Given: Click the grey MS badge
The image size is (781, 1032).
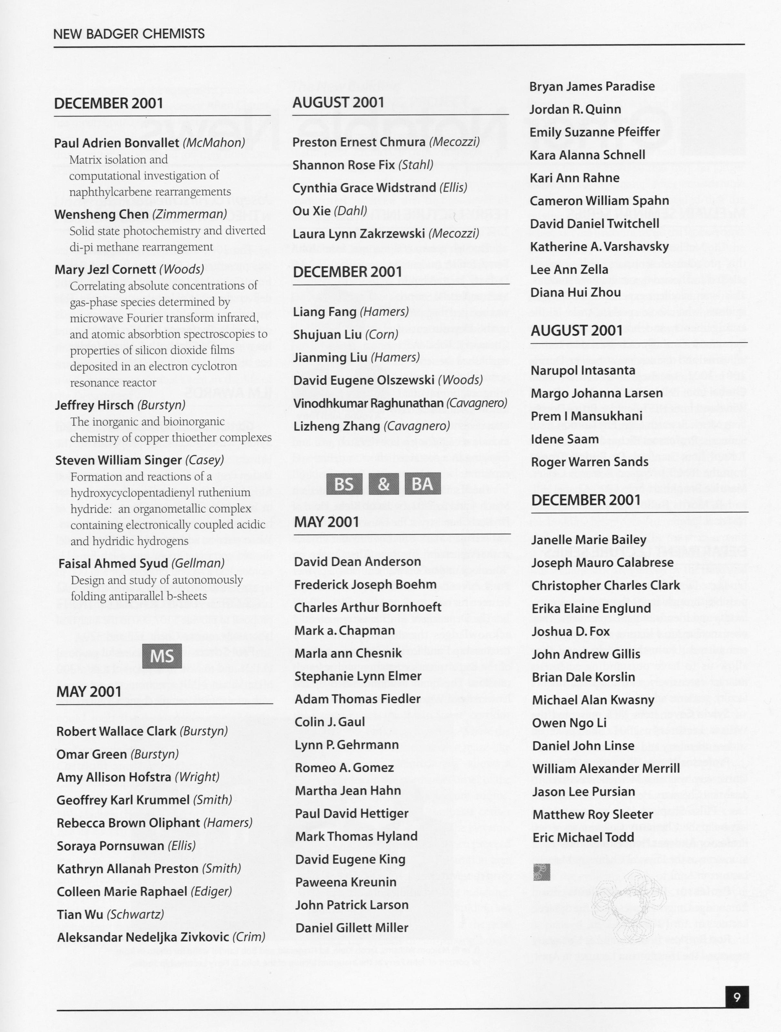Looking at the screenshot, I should [x=162, y=656].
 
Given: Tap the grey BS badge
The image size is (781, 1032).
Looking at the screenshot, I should [x=344, y=484].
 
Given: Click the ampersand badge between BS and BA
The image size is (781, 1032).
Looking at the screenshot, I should [x=383, y=484].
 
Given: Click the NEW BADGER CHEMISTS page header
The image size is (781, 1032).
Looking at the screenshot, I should [x=129, y=34].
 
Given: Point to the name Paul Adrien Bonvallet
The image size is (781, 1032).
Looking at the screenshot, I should [x=116, y=143].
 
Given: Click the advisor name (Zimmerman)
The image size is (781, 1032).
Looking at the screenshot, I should [x=190, y=214].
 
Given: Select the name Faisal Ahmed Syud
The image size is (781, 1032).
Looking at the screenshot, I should [x=113, y=563].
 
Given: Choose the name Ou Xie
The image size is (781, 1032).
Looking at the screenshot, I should [x=312, y=210].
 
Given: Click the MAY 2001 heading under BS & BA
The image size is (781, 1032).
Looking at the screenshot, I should [x=326, y=521].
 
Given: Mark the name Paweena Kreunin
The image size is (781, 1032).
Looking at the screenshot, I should [x=345, y=882].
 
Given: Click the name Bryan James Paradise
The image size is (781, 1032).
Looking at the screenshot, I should [x=592, y=86].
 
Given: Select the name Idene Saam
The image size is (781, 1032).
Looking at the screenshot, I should [x=565, y=439].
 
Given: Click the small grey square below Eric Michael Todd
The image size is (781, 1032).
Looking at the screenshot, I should [x=541, y=872].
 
